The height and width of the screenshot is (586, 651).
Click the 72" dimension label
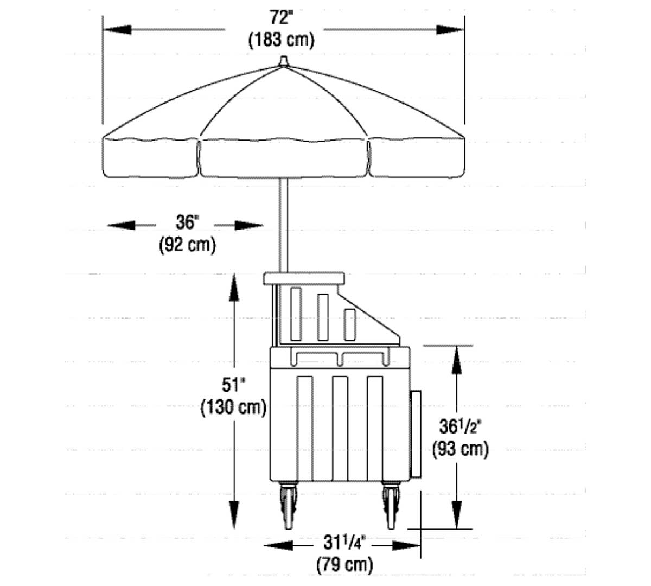281,18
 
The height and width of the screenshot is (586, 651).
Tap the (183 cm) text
282,40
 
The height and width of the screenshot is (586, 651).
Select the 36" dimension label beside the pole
187,222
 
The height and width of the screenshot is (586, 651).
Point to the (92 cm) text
187,245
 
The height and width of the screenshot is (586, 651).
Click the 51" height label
233,385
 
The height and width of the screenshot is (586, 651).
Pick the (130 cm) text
234,407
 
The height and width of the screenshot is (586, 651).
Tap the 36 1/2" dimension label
460,426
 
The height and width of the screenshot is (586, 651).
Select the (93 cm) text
460,449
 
